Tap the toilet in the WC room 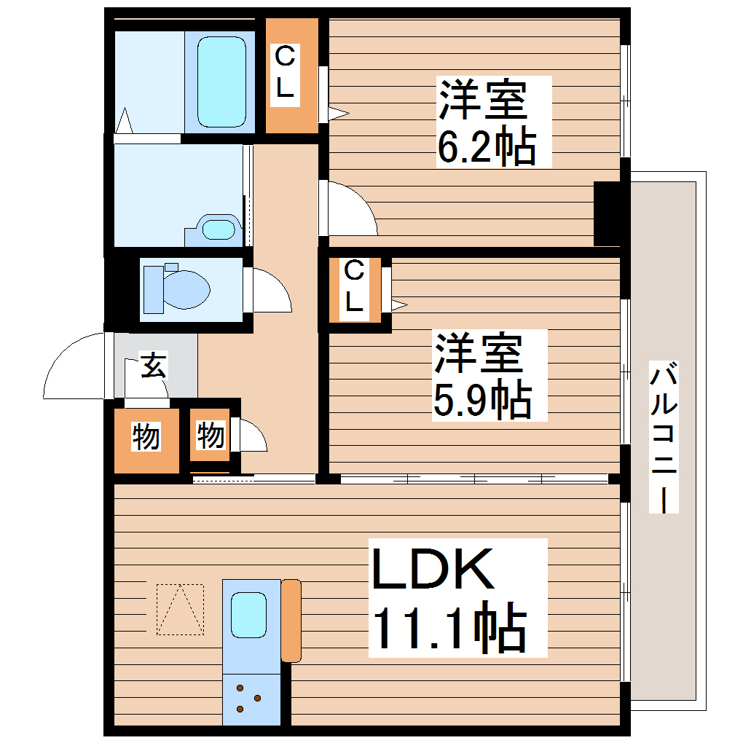pos(178,287)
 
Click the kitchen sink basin pos(249,615)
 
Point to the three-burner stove pos(250,699)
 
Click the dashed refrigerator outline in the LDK pos(180,608)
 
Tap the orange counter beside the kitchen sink pos(291,620)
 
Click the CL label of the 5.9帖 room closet pos(353,288)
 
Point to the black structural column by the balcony pos(610,213)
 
